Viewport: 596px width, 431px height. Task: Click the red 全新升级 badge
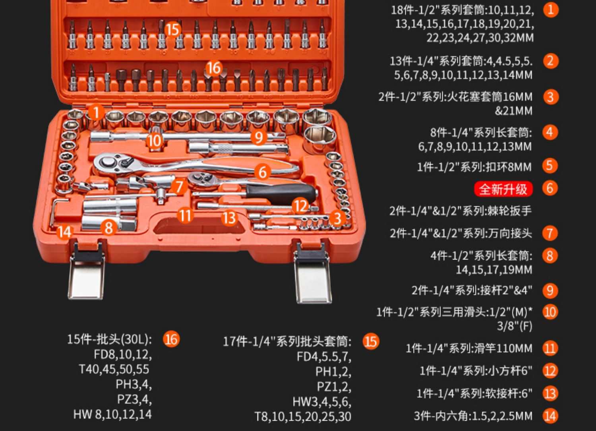click(503, 189)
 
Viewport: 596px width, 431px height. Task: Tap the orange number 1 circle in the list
click(550, 10)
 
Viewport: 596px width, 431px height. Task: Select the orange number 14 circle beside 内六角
click(550, 416)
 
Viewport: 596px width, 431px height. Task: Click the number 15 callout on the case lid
click(173, 29)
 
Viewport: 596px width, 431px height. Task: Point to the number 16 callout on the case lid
click(214, 68)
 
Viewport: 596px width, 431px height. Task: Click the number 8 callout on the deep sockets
click(108, 228)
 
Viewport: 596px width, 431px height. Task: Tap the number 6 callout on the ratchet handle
click(262, 172)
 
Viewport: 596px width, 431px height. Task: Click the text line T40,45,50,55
click(114, 369)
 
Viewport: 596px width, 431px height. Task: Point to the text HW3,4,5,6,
click(322, 402)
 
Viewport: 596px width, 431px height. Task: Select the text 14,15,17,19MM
click(494, 270)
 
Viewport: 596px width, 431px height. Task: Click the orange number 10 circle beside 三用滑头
click(550, 312)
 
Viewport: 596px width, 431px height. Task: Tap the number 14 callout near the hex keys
click(64, 232)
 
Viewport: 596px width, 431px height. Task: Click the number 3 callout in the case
click(337, 218)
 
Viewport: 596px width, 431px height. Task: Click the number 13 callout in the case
click(229, 218)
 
